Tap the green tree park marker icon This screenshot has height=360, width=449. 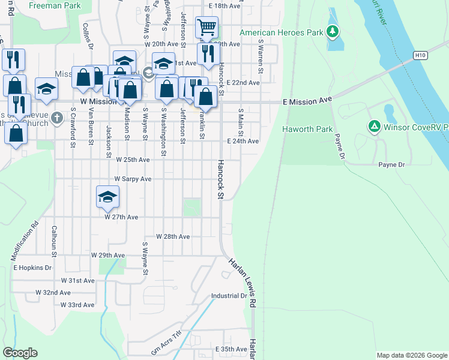[333, 31]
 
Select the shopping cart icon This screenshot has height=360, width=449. [206, 26]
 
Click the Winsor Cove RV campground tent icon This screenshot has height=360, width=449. [373, 126]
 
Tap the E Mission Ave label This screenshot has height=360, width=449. [307, 102]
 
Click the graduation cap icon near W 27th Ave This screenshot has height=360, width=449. [107, 196]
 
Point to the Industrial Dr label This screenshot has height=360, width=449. [229, 296]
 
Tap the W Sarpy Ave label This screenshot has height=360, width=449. [133, 179]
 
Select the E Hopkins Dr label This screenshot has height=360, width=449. [32, 267]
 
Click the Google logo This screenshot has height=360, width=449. [20, 353]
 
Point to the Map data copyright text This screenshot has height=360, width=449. [411, 355]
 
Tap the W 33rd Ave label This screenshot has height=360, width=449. [77, 305]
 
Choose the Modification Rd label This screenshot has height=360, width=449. [24, 240]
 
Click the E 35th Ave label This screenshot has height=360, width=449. [231, 349]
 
